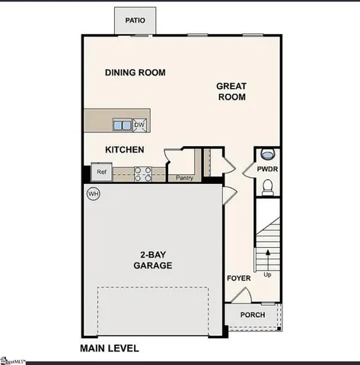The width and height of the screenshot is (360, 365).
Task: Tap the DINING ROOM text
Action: (135, 73)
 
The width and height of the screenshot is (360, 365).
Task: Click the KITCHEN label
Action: (125, 150)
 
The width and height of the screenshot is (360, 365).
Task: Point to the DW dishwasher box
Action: (140, 125)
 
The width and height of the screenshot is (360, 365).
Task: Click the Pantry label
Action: (184, 179)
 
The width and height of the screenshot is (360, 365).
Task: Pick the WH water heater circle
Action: (94, 194)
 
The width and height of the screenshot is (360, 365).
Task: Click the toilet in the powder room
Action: (267, 187)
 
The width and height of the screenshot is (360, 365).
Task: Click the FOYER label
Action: (238, 278)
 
